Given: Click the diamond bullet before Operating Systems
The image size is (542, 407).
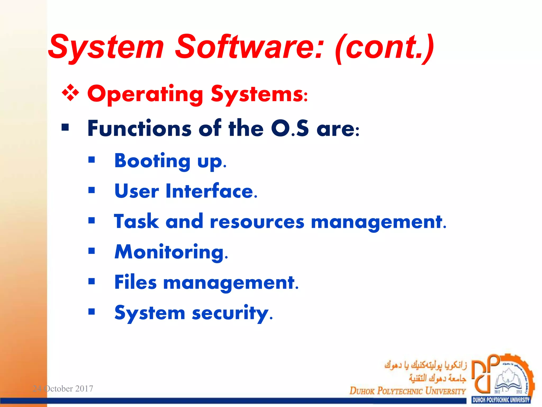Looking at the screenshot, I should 70,93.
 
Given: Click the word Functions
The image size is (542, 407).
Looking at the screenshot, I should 139,128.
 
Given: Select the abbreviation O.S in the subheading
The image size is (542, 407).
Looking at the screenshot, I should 290,128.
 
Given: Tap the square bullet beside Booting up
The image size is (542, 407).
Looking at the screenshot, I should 92,160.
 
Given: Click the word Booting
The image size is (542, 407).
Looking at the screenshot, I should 152,161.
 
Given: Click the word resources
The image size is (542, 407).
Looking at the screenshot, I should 257,222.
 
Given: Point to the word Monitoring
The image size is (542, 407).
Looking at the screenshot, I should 171,252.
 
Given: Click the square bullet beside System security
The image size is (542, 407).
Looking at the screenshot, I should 92,311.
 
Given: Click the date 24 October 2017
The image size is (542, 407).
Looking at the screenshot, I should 63,388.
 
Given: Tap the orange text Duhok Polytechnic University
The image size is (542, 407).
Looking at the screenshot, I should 407,391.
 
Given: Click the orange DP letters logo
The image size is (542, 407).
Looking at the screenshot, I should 485,374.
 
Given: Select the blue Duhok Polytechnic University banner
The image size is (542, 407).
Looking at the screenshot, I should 501,400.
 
